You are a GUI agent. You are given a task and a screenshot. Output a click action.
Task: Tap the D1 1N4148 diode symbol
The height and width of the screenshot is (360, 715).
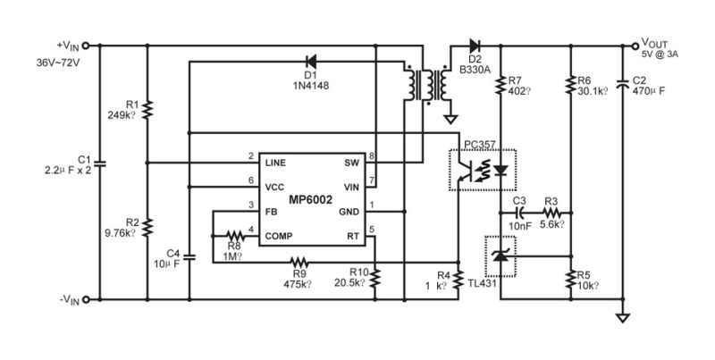click(x=310, y=62)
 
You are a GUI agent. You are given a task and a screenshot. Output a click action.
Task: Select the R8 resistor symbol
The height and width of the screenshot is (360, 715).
click(x=233, y=235)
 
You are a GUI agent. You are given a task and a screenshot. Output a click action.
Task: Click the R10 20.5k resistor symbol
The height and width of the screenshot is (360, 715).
click(x=376, y=278)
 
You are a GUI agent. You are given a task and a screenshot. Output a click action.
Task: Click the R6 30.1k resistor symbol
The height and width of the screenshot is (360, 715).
click(x=570, y=87)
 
